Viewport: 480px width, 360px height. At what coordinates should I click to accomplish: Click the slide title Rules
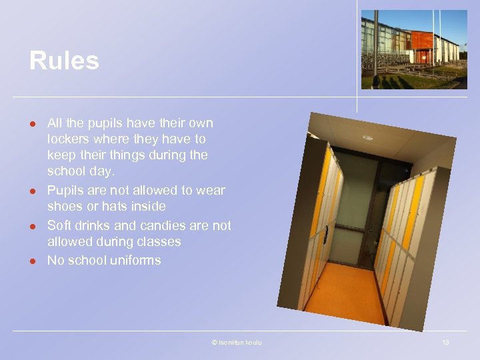click(64, 61)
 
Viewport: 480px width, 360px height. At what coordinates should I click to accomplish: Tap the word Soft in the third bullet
click(59, 225)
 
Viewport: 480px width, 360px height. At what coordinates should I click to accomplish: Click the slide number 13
click(445, 343)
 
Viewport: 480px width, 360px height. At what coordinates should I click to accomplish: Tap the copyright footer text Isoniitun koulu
click(239, 343)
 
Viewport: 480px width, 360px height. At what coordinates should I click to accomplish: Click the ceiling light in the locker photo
click(368, 137)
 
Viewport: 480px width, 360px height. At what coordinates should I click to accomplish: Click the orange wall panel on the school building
click(421, 40)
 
